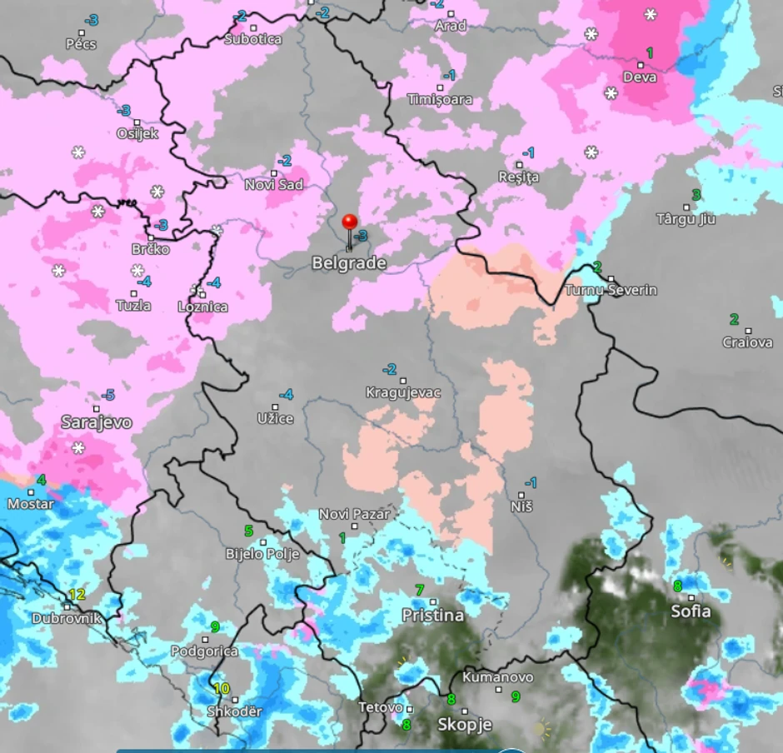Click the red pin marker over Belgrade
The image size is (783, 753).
click(350, 222)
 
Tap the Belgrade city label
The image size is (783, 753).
click(349, 263)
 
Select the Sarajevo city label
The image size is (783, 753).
click(97, 422)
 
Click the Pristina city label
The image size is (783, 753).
click(432, 616)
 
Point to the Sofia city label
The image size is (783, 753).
click(691, 611)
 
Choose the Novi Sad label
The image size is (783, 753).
click(273, 185)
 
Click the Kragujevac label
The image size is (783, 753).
click(403, 391)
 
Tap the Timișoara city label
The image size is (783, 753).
click(440, 100)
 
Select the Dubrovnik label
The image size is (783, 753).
click(67, 618)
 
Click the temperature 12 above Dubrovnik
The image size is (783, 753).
click(77, 594)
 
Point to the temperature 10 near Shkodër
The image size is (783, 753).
click(222, 688)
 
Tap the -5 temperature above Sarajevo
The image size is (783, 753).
click(107, 395)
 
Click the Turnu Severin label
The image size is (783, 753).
click(611, 290)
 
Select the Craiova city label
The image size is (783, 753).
click(747, 342)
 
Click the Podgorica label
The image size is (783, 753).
click(204, 651)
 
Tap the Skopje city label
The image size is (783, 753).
click(465, 725)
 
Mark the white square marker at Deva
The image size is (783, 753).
click(641, 65)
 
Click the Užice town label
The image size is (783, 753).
click(275, 418)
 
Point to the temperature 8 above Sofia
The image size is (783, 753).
click(678, 586)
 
